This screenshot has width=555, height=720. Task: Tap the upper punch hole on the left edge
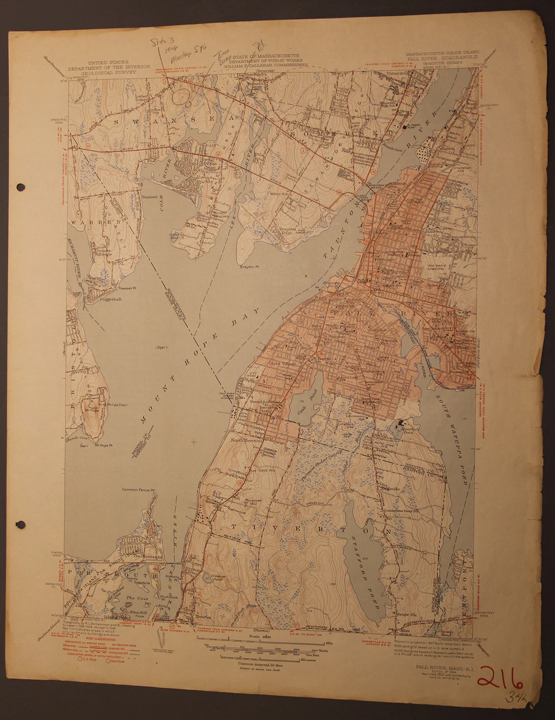pos(20,186)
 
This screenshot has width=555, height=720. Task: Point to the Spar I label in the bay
pos(161,347)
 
